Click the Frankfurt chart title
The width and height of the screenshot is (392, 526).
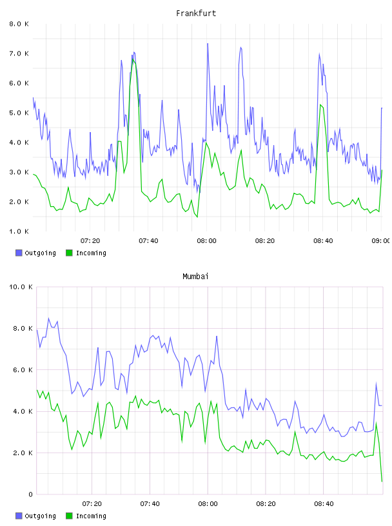(196, 14)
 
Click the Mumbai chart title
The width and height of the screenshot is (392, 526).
(195, 277)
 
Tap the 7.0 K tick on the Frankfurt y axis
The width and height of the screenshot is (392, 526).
(19, 54)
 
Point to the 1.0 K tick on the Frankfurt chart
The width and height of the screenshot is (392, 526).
(19, 231)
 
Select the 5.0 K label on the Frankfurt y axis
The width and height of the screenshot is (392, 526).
(19, 113)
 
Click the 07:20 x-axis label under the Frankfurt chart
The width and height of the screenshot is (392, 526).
(90, 241)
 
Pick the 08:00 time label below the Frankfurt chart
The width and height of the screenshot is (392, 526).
(207, 241)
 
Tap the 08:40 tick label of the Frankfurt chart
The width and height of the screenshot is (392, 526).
(323, 241)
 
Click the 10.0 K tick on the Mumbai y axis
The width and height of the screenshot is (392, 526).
(21, 287)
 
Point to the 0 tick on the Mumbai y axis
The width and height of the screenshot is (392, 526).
(30, 494)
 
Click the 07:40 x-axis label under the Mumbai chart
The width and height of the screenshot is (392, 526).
(150, 504)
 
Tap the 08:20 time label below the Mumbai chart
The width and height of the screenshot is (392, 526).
(266, 504)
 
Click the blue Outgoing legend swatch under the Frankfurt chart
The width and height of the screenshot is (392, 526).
(19, 253)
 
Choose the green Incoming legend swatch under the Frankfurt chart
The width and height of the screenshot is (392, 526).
(69, 253)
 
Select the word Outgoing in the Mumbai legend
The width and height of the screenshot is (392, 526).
(40, 516)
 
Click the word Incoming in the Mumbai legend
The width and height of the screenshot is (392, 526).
(91, 516)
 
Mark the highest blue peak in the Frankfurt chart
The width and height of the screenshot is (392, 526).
(208, 44)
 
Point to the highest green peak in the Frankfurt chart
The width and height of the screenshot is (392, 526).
(133, 60)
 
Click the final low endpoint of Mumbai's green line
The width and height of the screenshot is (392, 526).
(382, 482)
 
